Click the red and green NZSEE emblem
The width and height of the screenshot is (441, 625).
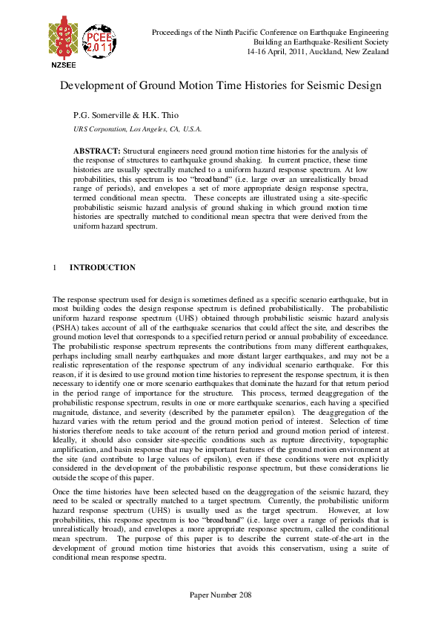click(x=63, y=38)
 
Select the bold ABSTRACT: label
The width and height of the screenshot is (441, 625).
click(x=96, y=150)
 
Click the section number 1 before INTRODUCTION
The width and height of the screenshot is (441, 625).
click(x=55, y=267)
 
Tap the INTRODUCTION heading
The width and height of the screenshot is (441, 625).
click(x=102, y=267)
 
